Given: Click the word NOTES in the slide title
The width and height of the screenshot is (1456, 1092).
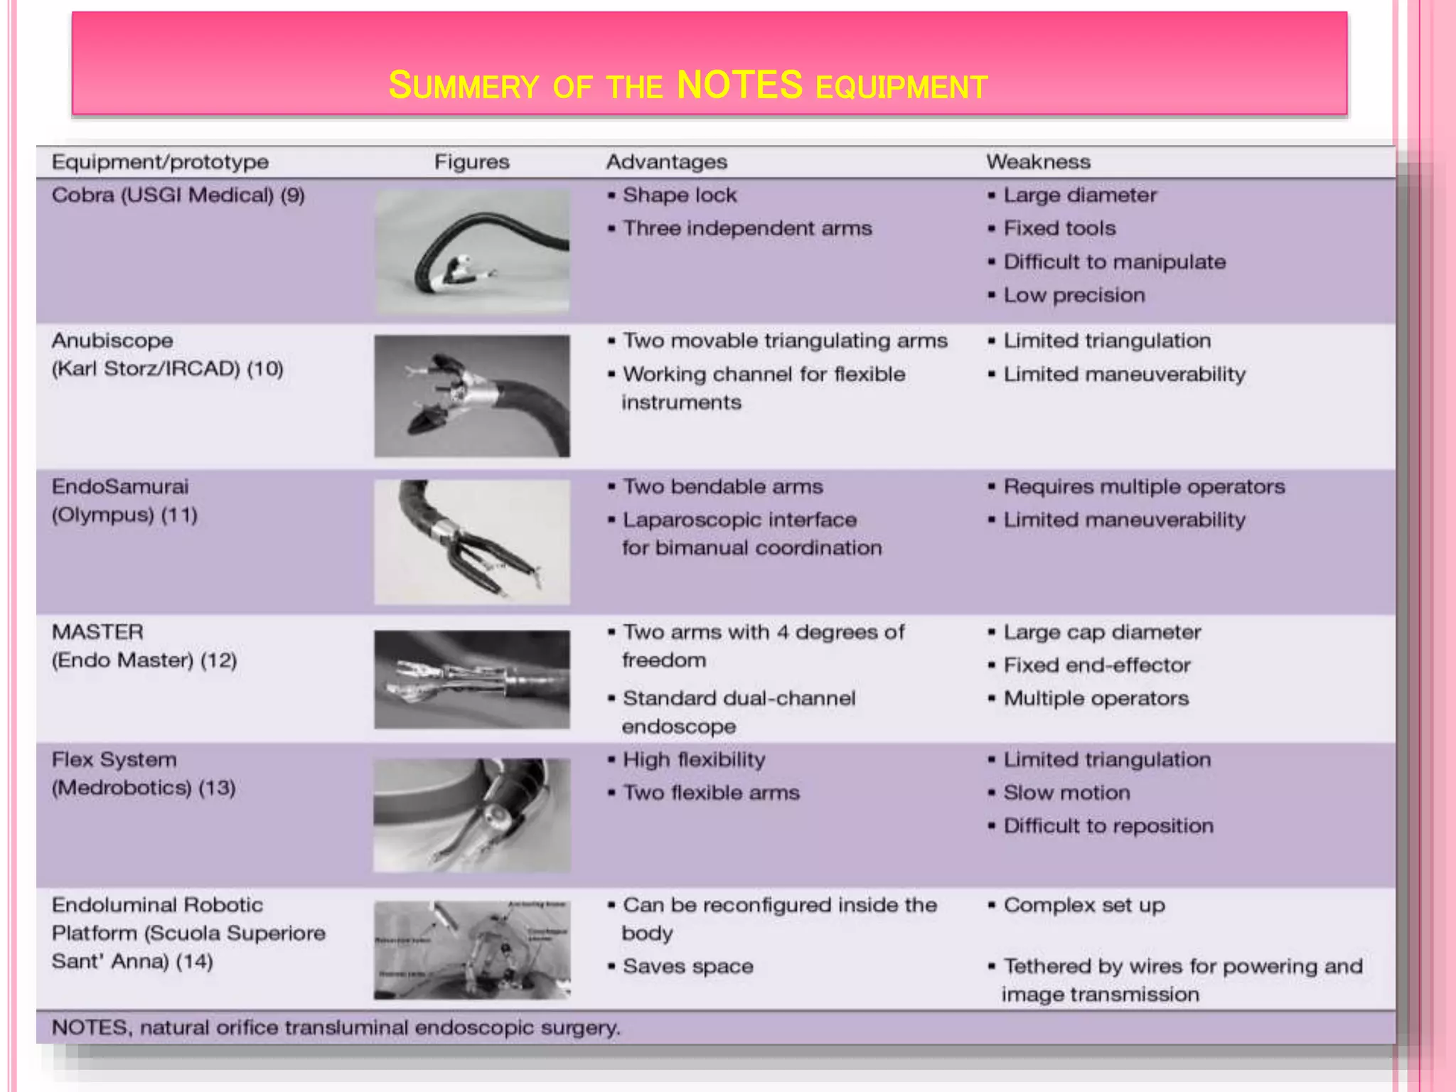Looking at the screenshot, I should tap(739, 85).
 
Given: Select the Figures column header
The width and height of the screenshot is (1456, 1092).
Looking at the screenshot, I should tap(471, 162).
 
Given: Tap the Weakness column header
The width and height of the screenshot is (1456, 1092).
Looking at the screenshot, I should tap(1038, 162).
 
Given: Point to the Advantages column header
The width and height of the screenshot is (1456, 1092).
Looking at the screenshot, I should tap(666, 162).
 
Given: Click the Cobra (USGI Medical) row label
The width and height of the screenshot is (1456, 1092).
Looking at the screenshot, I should tap(178, 195).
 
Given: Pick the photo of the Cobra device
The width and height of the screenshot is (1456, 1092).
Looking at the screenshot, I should tap(472, 251).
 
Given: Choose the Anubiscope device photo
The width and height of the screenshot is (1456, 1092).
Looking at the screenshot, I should tap(472, 396).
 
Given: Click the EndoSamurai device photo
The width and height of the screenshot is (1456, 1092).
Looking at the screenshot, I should tap(472, 542).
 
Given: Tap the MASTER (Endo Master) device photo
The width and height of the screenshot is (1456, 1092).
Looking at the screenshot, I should tap(472, 679).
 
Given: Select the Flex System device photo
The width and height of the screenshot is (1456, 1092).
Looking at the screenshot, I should tap(472, 815).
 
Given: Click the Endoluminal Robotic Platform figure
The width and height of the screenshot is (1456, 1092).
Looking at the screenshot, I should tap(472, 950).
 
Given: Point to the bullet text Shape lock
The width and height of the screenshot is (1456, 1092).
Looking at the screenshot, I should tap(679, 195).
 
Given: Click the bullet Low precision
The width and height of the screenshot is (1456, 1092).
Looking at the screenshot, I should tap(1074, 295).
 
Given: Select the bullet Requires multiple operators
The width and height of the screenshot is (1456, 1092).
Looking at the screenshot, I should tap(1143, 487).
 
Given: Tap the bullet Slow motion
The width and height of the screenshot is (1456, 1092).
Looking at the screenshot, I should tap(1066, 793).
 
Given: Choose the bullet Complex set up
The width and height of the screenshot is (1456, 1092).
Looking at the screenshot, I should tap(1083, 905).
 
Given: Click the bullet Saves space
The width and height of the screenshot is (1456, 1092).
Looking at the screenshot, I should tap(687, 966).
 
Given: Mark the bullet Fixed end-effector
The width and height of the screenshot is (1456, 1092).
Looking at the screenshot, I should tap(1096, 665).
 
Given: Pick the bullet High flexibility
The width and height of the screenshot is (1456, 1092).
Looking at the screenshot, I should tap(693, 760).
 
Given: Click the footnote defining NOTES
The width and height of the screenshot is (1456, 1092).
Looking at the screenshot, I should tap(336, 1027).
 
